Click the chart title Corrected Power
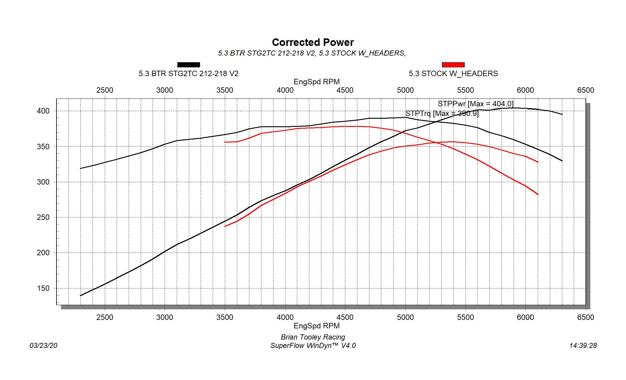pos(313,42)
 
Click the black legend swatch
pos(189,65)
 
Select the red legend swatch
pos(453,65)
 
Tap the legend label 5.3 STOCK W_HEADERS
pos(453,74)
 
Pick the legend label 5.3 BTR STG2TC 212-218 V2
pos(189,74)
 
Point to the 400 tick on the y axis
pos(43,111)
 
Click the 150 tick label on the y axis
pos(43,288)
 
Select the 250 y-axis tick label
pos(43,217)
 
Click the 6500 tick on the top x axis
pos(586,90)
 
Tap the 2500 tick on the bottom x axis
pos(105,317)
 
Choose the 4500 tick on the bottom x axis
pos(345,317)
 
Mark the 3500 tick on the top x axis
pos(225,90)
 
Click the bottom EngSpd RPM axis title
pos(317,326)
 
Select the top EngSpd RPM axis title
pos(317,82)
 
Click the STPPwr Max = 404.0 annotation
pos(475,104)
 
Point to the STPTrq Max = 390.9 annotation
pos(442,114)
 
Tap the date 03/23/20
pos(44,346)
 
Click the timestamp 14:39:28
pos(583,346)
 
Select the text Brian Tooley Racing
pos(313,337)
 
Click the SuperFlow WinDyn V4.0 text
pos(313,346)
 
